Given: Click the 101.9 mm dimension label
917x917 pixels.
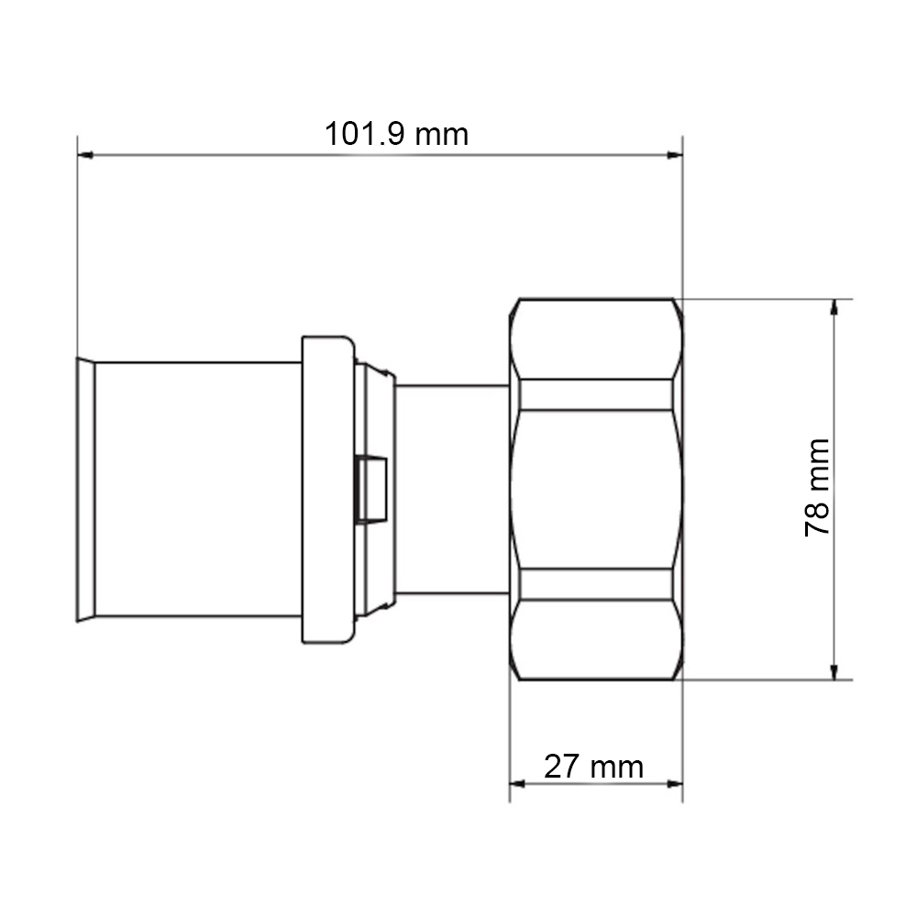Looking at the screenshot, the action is (x=396, y=135).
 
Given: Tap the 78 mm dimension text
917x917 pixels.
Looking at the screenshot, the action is (x=817, y=487).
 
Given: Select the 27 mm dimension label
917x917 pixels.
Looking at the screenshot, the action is (x=593, y=767).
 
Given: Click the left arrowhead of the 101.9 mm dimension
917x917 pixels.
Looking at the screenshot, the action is (x=85, y=155).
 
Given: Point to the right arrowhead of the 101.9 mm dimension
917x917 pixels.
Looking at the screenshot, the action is (x=675, y=155).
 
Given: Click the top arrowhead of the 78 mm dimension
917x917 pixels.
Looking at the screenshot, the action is (x=834, y=307).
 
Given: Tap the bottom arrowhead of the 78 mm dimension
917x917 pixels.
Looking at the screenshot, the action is (x=834, y=672).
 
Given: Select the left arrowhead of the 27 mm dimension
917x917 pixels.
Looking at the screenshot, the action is (x=517, y=784).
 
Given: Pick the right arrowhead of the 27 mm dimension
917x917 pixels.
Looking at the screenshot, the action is (x=675, y=784).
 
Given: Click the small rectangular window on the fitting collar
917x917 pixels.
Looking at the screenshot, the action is (x=372, y=490).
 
